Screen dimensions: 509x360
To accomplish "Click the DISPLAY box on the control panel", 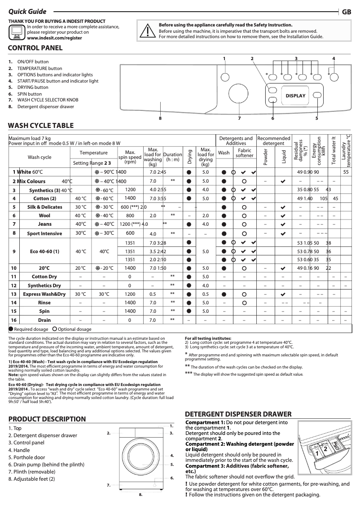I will tap(295, 96).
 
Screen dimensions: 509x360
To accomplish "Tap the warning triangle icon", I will tap(147, 31).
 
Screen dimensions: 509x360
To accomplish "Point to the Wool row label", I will tap(44, 215).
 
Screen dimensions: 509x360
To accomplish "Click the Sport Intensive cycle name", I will tap(44, 233).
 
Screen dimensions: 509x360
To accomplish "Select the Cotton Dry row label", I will tap(44, 276).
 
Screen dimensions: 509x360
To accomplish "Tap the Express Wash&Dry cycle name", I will tap(44, 294).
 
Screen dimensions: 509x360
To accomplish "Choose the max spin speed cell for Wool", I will tap(130, 215).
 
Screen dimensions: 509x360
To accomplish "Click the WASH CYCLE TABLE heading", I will tap(41, 125).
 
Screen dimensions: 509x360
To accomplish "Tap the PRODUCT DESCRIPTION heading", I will tap(47, 419).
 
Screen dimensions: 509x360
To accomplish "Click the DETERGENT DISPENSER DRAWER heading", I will tap(238, 414).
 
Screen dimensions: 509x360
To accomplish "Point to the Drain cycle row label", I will tap(44, 320).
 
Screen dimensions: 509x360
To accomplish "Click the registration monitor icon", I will tap(17, 32).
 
